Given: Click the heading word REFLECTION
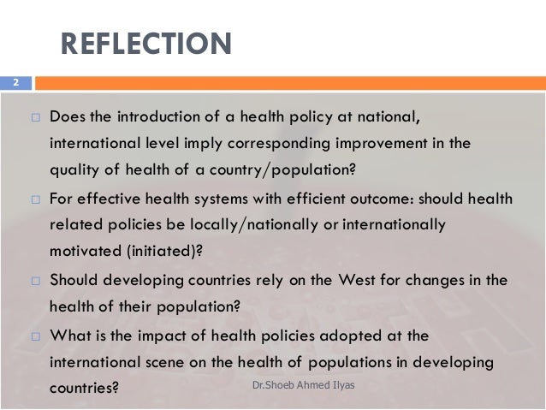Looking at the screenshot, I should pyautogui.click(x=145, y=44).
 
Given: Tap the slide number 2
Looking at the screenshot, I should pyautogui.click(x=15, y=83).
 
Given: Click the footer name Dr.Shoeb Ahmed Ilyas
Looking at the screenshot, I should pyautogui.click(x=305, y=386).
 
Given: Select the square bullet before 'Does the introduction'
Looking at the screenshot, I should pyautogui.click(x=35, y=116).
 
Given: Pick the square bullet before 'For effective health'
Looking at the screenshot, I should pyautogui.click(x=35, y=199).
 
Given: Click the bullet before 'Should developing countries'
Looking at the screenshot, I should pyautogui.click(x=35, y=280).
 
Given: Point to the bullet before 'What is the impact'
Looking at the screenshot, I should pyautogui.click(x=35, y=336).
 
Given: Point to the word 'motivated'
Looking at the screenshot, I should pyautogui.click(x=84, y=253).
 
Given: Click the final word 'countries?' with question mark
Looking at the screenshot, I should pyautogui.click(x=83, y=388).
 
